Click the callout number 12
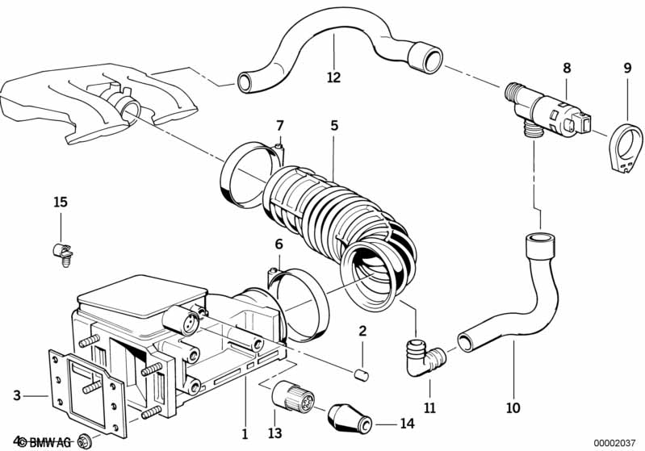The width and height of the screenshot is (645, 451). (x=333, y=78)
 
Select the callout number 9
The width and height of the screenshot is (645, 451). (x=626, y=69)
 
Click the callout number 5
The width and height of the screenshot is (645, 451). (x=333, y=126)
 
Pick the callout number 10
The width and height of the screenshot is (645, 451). (x=513, y=408)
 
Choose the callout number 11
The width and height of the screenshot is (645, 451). (x=429, y=408)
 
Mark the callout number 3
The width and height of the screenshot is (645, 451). (x=17, y=395)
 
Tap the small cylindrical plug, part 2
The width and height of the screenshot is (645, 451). (x=362, y=373)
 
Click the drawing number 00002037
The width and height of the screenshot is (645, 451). (x=617, y=442)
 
